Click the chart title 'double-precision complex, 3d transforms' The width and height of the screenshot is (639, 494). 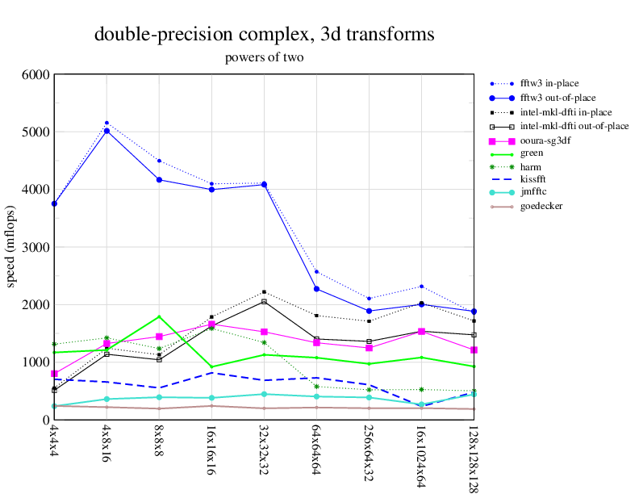point(265,35)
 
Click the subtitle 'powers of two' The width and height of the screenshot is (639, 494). point(265,57)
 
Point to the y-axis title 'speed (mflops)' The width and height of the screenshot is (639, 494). point(11,247)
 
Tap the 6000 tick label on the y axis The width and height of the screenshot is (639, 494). point(35,74)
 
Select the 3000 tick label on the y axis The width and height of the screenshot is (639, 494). point(35,247)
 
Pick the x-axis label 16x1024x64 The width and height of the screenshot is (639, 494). point(421,453)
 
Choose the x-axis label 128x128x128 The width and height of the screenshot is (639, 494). point(474,457)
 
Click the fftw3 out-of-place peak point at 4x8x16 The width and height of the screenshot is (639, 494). point(106,131)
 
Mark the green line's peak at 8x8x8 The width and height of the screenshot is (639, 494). point(159,316)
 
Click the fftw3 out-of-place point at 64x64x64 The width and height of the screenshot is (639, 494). point(316,289)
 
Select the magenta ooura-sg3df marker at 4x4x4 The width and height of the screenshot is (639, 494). point(54,374)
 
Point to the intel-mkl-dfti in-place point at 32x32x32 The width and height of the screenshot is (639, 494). point(264,291)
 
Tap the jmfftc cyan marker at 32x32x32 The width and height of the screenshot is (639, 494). point(264,394)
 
